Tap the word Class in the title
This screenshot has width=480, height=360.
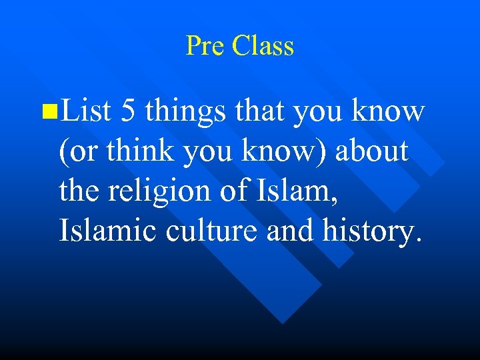point(263,46)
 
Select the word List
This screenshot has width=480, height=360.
point(83,111)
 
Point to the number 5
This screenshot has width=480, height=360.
point(129,111)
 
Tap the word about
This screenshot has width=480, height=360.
point(371,151)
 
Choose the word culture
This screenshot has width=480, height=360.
point(203,231)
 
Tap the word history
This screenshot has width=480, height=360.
point(369,231)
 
